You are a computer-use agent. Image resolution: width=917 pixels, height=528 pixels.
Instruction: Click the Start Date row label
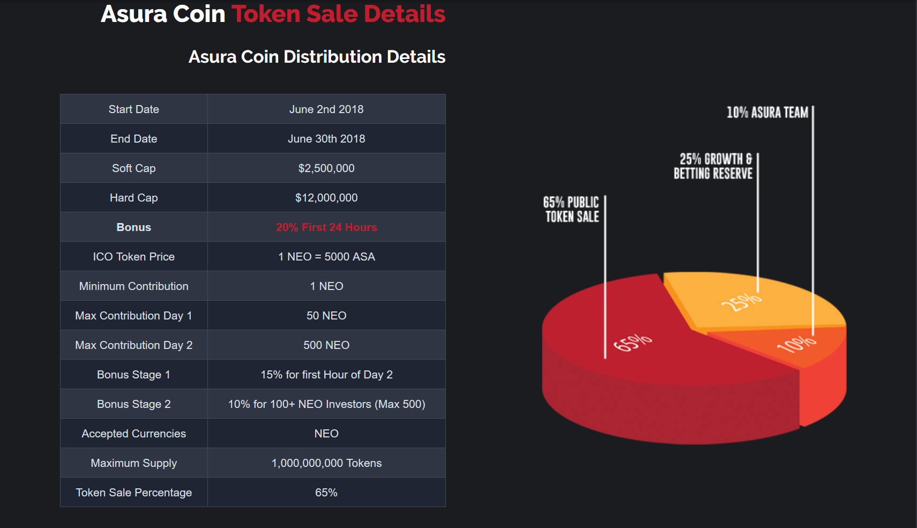coord(133,109)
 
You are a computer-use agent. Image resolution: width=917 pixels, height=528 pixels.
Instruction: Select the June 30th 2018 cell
coord(326,139)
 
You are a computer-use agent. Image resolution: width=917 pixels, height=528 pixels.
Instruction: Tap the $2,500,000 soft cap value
coord(326,168)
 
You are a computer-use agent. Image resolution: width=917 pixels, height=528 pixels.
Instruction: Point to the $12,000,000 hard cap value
coord(326,198)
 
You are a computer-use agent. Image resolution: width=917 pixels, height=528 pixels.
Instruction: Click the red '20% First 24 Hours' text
coord(326,227)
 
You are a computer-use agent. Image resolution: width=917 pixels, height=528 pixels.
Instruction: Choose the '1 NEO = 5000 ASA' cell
coord(326,257)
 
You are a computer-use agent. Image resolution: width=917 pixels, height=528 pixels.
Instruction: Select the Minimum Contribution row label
coord(133,286)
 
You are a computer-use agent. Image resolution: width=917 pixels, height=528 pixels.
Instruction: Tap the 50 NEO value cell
coord(326,316)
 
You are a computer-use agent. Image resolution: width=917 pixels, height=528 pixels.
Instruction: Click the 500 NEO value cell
coord(326,345)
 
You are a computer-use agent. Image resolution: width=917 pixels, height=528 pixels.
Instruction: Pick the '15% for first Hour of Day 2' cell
coord(326,375)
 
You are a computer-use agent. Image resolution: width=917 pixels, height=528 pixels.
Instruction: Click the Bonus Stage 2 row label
coord(133,404)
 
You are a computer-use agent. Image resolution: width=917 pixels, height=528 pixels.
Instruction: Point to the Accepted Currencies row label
coord(133,434)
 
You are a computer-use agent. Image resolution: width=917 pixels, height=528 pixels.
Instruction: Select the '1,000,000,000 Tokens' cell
coord(326,463)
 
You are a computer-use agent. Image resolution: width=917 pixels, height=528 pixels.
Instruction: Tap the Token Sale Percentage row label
coord(133,493)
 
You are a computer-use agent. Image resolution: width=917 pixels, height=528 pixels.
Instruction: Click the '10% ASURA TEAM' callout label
coord(767,113)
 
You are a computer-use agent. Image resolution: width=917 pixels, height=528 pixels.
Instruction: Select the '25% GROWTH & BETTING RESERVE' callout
coord(713,166)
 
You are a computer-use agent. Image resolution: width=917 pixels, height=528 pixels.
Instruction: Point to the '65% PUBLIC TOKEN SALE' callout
coord(571,210)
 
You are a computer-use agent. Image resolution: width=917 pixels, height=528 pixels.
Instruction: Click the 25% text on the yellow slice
coord(741,302)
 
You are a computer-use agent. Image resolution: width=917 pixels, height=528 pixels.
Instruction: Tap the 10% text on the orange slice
coord(796,344)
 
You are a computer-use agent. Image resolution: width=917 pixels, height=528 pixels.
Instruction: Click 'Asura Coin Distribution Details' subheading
coord(317,57)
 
